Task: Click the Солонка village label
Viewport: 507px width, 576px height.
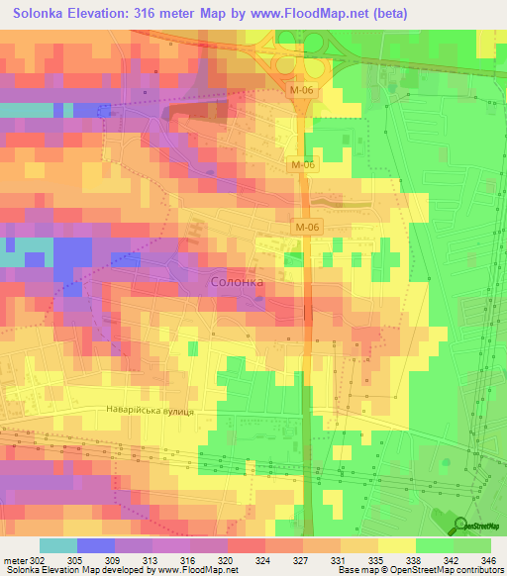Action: pyautogui.click(x=238, y=282)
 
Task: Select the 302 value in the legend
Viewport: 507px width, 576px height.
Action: pyautogui.click(x=39, y=558)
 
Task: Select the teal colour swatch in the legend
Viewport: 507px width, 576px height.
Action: pyautogui.click(x=58, y=545)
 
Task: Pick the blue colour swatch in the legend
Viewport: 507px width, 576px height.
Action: pyautogui.click(x=96, y=545)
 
